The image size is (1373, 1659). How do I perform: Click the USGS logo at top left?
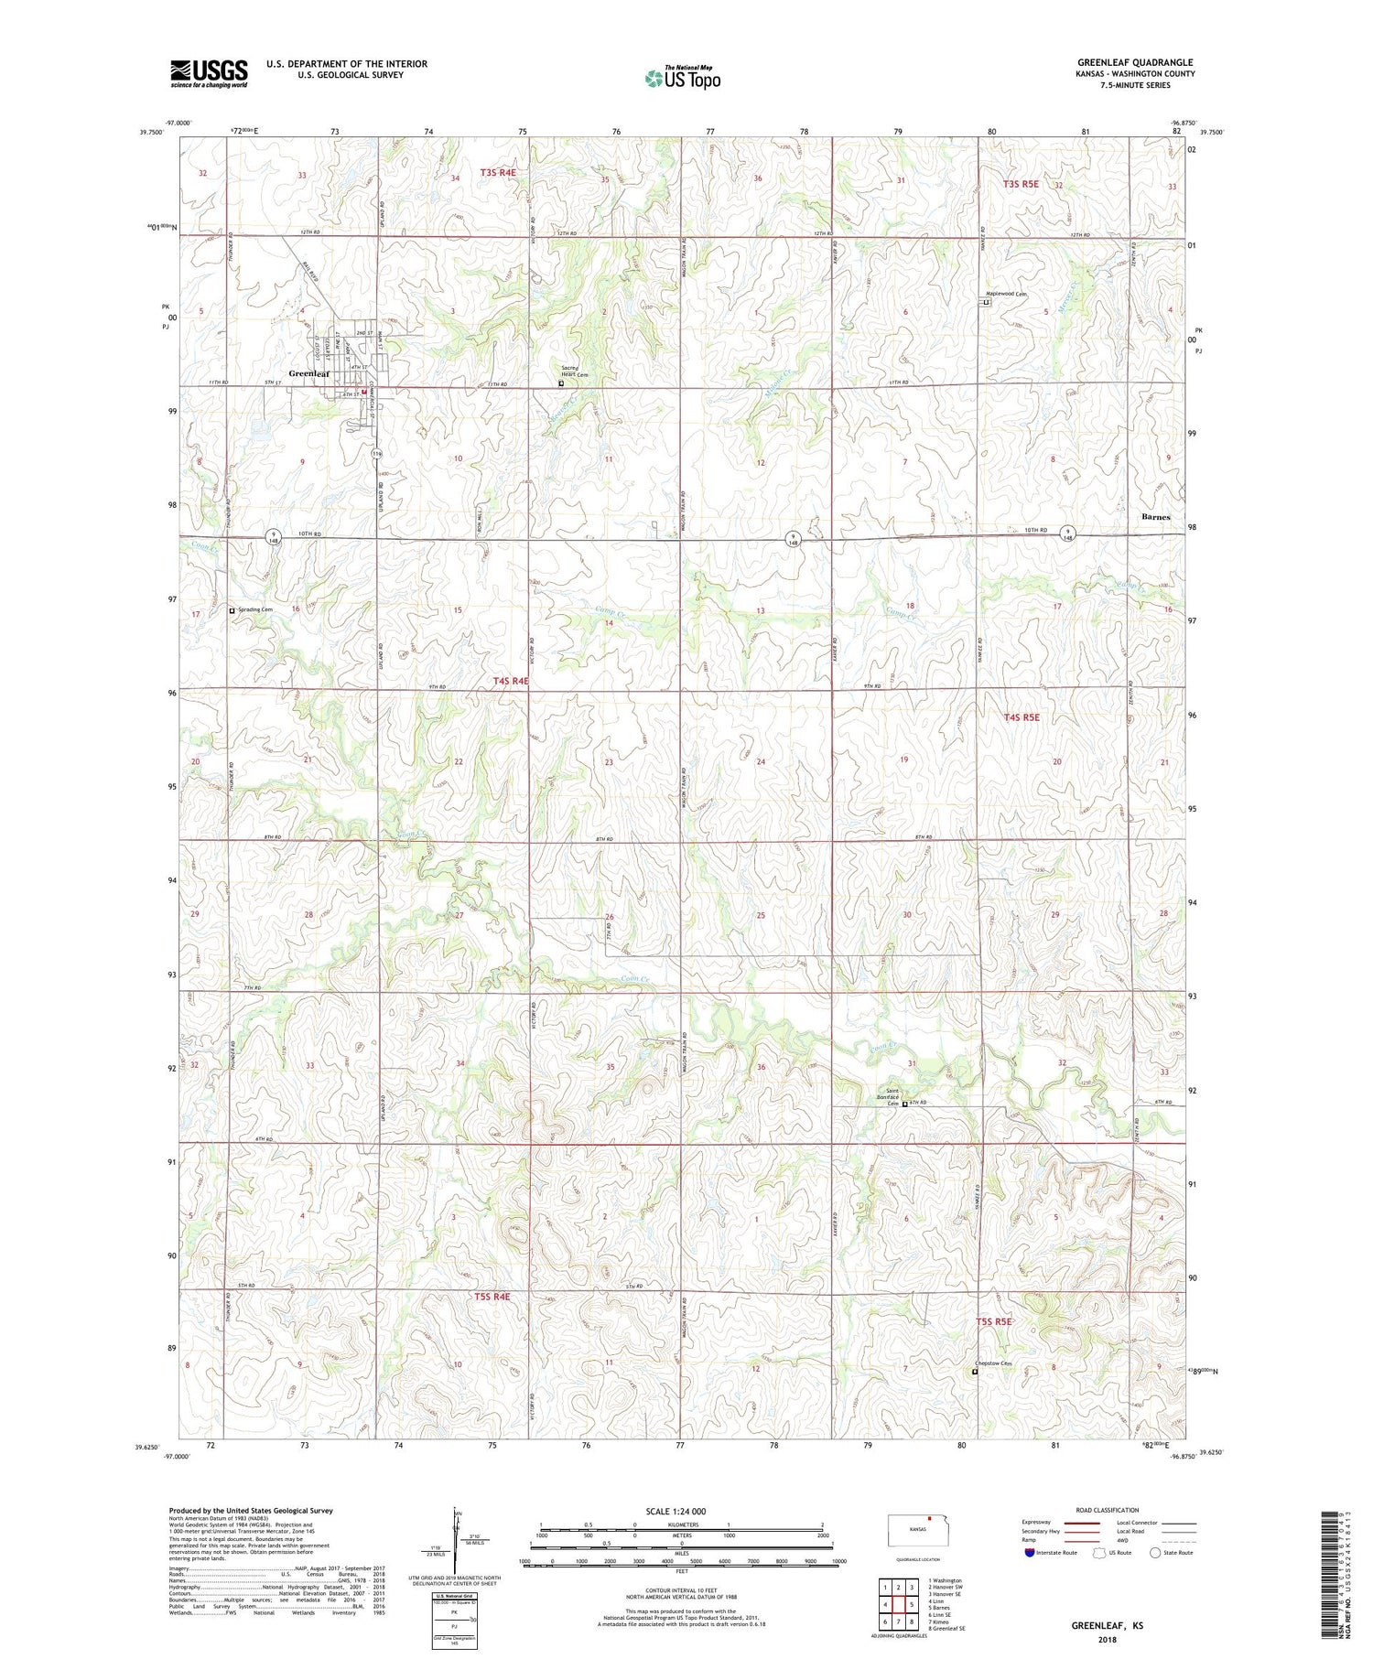coord(209,73)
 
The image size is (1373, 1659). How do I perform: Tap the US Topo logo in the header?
coord(682,79)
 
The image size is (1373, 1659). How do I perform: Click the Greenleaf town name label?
coord(308,373)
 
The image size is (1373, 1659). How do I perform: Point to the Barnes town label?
coord(1155,517)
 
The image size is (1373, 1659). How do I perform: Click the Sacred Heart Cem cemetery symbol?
coord(561,384)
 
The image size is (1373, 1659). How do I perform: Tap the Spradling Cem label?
coord(254,609)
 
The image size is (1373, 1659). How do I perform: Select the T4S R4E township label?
coord(511,681)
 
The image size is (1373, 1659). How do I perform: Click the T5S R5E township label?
coord(994,1321)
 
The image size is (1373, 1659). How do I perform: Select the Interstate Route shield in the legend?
coord(1030,1553)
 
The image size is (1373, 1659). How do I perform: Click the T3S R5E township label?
coord(1021,184)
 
